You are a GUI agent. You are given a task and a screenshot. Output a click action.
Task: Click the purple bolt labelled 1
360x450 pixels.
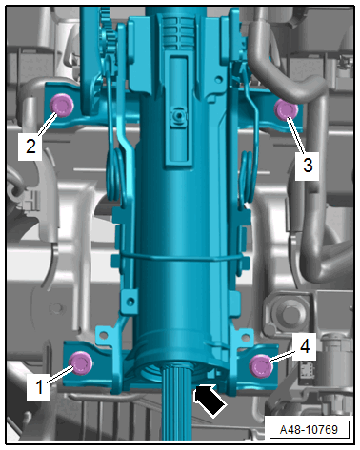pos(81,362)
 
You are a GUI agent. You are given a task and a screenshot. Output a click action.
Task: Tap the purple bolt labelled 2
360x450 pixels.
pos(62,106)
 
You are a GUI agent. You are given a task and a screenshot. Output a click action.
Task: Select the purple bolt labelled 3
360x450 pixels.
pos(286,109)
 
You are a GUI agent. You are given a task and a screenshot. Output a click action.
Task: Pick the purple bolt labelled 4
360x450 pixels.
pos(261,366)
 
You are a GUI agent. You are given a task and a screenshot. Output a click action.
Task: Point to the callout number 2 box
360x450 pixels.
pos(30,147)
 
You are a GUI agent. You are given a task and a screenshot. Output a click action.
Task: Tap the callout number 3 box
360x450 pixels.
pos(307,166)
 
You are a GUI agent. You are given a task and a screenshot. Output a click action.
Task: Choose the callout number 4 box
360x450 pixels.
pos(304,346)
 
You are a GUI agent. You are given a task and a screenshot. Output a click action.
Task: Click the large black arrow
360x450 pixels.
pos(210,401)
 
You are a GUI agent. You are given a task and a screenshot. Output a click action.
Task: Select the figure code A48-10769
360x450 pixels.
pos(309,430)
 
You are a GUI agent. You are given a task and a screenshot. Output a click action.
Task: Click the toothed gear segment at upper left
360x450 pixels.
pos(108,30)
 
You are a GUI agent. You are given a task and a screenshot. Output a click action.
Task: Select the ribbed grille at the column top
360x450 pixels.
pos(179,31)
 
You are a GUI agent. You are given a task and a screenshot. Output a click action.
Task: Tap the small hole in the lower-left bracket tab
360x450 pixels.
pos(104,334)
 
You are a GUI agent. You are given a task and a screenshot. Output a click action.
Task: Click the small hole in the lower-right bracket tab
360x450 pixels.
pos(246,336)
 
